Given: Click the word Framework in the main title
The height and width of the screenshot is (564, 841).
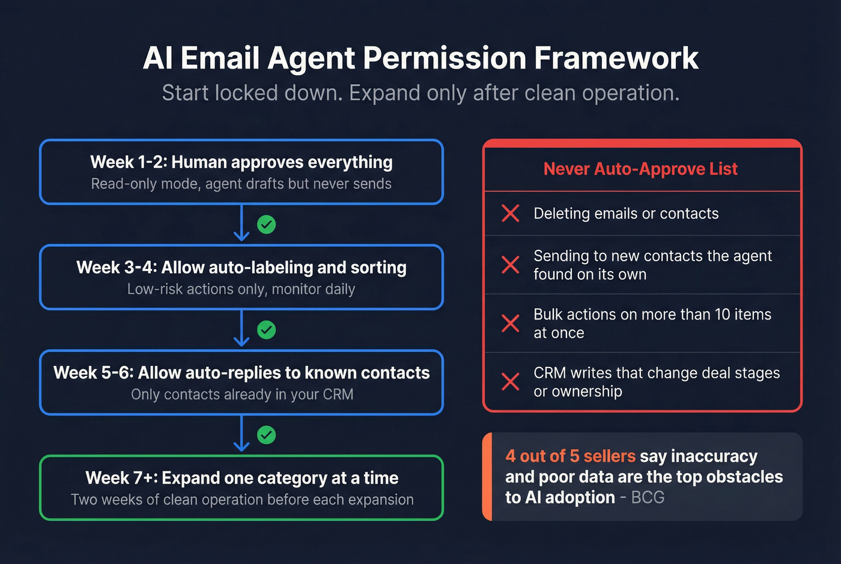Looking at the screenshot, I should pyautogui.click(x=616, y=58).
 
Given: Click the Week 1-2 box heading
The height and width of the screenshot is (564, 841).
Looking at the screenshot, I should pyautogui.click(x=241, y=162).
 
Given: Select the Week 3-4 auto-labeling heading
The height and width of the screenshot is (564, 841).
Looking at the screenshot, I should pyautogui.click(x=241, y=267).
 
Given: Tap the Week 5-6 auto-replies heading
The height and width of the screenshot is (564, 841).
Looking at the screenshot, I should pyautogui.click(x=241, y=372).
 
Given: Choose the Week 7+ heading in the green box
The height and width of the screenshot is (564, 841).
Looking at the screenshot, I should pyautogui.click(x=241, y=478).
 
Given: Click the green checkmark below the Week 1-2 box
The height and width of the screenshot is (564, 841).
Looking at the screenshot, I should pyautogui.click(x=266, y=225).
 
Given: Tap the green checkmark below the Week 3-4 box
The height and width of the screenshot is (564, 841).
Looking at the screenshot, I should pyautogui.click(x=266, y=330).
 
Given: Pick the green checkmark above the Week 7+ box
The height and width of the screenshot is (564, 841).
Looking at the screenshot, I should pyautogui.click(x=266, y=435).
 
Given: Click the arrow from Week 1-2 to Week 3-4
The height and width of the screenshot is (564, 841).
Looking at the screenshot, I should pyautogui.click(x=241, y=223).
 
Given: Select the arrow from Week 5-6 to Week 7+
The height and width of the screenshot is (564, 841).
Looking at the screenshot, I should pyautogui.click(x=241, y=434).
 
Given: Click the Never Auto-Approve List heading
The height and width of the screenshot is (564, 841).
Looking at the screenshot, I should pyautogui.click(x=640, y=169).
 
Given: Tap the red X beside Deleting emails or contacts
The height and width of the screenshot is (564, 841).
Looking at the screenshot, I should pyautogui.click(x=511, y=213).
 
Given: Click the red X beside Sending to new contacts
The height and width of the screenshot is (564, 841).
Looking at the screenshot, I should pyautogui.click(x=511, y=265).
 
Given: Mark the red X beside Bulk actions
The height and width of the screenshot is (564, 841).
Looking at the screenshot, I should pyautogui.click(x=511, y=323).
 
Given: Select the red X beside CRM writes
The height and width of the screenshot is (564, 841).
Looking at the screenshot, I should pyautogui.click(x=511, y=381).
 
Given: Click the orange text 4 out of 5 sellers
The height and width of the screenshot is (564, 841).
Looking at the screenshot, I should pyautogui.click(x=570, y=456).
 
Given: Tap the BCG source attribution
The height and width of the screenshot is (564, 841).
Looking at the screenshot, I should pyautogui.click(x=648, y=497).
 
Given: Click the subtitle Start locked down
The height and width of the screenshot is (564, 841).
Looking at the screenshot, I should pyautogui.click(x=252, y=93).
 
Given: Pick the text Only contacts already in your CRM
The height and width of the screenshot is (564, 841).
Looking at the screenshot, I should pyautogui.click(x=242, y=395).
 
